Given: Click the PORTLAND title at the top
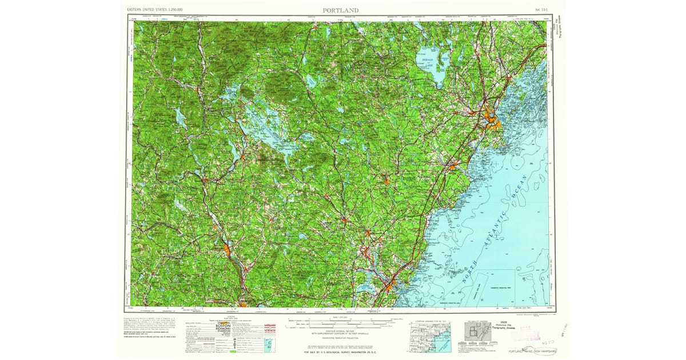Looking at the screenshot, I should pyautogui.click(x=341, y=10).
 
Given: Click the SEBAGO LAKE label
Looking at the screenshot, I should pyautogui.click(x=427, y=63).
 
